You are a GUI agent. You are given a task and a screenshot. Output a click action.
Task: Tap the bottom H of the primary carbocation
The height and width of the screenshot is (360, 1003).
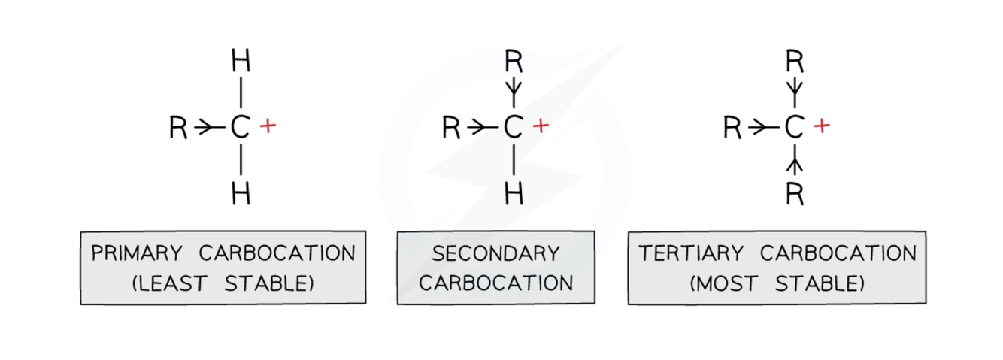coord(240,194)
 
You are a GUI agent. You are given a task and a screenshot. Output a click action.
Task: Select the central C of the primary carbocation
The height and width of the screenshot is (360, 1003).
coord(240,129)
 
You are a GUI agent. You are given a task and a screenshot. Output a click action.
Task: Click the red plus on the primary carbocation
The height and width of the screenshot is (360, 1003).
coord(268,126)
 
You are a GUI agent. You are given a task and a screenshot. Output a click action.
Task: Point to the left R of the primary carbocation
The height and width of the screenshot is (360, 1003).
coord(179,129)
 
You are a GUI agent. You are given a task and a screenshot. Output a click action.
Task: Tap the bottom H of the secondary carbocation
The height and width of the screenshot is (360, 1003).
coord(514,194)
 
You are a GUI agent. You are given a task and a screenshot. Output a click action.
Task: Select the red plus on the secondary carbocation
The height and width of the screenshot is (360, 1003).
coord(541,126)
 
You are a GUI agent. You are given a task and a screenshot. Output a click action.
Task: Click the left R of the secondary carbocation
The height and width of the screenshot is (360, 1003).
coord(451,129)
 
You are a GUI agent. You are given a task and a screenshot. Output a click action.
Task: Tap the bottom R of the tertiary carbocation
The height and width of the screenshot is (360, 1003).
coord(794,194)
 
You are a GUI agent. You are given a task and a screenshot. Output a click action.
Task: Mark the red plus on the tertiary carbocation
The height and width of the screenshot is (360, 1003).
coord(822,126)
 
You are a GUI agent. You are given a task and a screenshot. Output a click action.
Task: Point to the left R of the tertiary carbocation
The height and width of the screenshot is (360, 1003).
coord(733,129)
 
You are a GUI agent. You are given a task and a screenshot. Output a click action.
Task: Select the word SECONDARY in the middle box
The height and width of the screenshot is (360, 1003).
coord(495,253)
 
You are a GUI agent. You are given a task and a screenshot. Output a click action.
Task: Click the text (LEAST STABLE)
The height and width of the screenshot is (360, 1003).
coord(223,283)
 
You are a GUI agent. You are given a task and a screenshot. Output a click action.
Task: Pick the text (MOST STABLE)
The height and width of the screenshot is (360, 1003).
coord(777,283)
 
